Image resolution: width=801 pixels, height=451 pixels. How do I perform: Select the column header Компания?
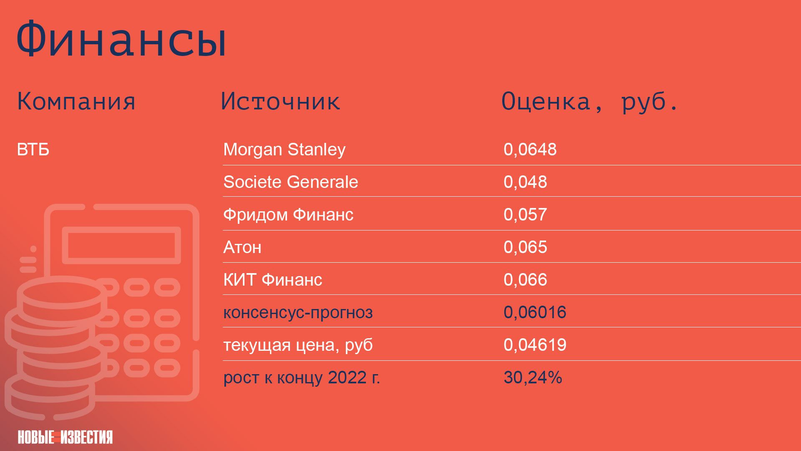76,101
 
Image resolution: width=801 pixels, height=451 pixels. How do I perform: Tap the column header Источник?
280,101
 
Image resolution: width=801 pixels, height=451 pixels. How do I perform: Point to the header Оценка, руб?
590,102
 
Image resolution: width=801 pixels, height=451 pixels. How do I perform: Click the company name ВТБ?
33,149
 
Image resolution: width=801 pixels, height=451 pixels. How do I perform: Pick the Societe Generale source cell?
291,182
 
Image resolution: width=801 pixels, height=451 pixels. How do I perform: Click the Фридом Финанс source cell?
288,215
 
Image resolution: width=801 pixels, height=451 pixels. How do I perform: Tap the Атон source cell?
242,247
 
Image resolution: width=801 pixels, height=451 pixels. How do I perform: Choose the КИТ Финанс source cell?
273,280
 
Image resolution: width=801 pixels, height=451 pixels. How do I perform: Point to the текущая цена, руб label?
298,345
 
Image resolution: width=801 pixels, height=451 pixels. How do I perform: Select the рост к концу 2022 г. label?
302,378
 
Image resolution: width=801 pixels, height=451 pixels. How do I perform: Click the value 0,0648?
530,149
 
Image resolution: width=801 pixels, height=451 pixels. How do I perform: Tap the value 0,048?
525,182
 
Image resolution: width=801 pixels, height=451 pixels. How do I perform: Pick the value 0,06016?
535,312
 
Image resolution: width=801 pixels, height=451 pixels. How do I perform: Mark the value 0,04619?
535,345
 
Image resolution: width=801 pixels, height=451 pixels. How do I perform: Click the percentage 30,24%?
533,378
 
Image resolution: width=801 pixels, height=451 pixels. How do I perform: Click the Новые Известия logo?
65,437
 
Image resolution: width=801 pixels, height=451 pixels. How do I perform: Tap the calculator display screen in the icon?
121,245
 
